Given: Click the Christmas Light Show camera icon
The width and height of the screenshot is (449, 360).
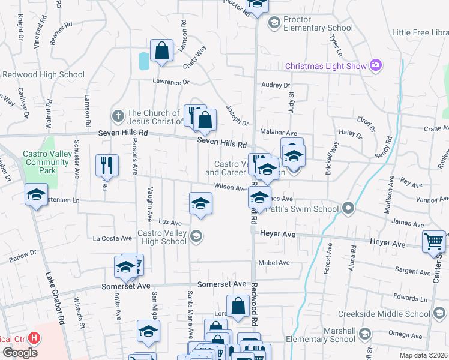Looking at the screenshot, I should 376,65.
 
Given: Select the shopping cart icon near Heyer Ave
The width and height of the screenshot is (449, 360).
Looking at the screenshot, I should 433,241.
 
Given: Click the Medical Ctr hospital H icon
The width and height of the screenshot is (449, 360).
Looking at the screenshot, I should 34,338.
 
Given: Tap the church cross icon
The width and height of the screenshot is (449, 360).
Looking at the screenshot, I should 118,113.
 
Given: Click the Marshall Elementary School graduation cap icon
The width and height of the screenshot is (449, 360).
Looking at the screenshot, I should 364,334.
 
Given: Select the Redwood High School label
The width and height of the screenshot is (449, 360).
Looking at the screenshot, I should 44,75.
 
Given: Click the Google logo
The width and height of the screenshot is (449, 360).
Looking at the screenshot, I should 20,352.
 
